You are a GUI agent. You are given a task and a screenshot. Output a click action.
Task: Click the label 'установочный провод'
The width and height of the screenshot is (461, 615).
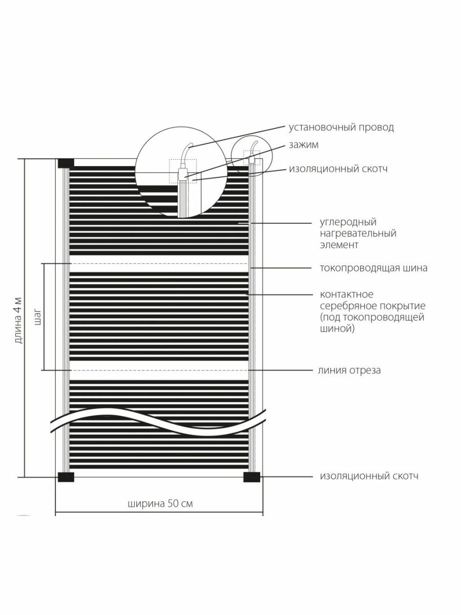341,128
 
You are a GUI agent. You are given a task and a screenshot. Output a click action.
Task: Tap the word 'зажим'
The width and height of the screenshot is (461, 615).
303,145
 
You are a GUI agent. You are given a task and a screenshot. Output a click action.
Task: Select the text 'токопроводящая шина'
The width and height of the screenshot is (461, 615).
373,268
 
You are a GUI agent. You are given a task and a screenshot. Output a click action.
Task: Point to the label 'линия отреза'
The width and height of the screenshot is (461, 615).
350,370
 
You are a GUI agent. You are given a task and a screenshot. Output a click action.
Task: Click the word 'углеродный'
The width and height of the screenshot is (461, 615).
348,222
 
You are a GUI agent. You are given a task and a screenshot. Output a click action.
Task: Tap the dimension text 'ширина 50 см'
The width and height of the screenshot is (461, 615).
160,503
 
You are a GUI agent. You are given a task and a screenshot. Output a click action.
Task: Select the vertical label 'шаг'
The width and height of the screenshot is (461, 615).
36,317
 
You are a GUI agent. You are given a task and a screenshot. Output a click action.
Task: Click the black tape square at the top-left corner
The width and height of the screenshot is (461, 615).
66,163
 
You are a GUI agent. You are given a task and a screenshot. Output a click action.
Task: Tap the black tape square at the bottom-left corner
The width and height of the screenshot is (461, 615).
66,477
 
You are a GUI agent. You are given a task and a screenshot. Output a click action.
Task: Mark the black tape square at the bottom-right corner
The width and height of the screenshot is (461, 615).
252,477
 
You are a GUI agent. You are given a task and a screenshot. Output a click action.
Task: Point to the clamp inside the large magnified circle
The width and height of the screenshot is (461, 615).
183,174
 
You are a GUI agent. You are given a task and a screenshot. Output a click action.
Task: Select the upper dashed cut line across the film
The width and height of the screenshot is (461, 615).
159,263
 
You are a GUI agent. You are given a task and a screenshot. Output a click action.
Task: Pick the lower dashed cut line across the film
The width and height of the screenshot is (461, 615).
159,370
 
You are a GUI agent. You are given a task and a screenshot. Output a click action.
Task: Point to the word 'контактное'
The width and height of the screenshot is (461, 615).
346,295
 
